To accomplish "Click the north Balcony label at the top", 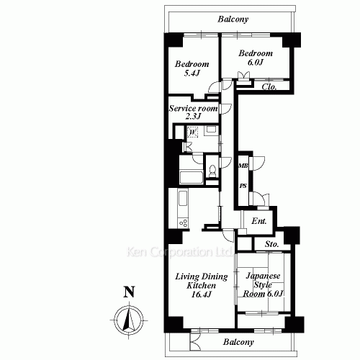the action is coord(233,19).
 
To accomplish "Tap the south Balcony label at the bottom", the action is coord(238,342).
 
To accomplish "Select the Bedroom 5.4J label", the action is coord(192,68).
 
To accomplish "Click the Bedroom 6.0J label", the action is coord(256,58).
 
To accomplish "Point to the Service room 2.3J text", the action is coord(193,112).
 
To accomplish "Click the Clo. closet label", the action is coord(269,86).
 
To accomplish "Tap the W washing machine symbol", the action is coord(192,132).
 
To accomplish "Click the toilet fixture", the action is coord(212,171).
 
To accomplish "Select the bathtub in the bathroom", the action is coord(192,178).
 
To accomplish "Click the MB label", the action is coord(243,166).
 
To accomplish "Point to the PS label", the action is coord(243,186).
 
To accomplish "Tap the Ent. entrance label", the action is coord(259,221).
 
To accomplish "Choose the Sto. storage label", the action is coord(272,244).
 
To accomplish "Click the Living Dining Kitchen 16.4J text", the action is coord(202,285).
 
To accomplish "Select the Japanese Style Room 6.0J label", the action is coord(263,285).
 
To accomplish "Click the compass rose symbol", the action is coord(129,320).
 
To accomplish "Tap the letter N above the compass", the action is coord(129,292).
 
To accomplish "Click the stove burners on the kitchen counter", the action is coord(183,223).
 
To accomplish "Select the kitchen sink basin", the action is coord(183,198).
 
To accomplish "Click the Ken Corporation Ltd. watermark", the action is coord(179,252).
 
